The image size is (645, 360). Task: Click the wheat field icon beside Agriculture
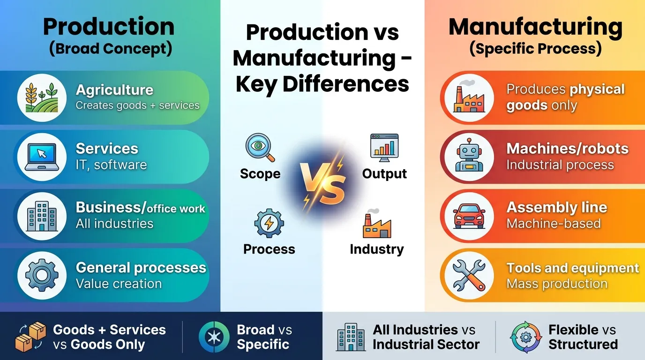41,98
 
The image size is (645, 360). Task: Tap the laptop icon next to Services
41,157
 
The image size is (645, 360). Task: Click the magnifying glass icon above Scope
260,147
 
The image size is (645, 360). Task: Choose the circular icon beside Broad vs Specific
214,337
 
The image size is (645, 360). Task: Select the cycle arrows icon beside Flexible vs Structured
525,337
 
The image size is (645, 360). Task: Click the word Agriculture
114,90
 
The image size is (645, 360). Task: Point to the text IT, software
111,165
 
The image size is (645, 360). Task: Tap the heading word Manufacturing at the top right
535,27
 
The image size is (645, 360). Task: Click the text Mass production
557,284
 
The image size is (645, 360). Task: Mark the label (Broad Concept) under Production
111,49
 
